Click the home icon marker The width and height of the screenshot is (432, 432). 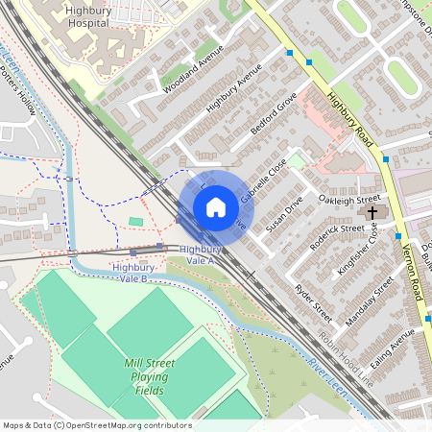coord(216,207)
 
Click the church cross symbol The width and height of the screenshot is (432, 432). coord(372,211)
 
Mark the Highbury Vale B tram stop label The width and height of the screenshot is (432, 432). coord(130,272)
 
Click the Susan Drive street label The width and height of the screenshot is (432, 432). coord(284,211)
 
